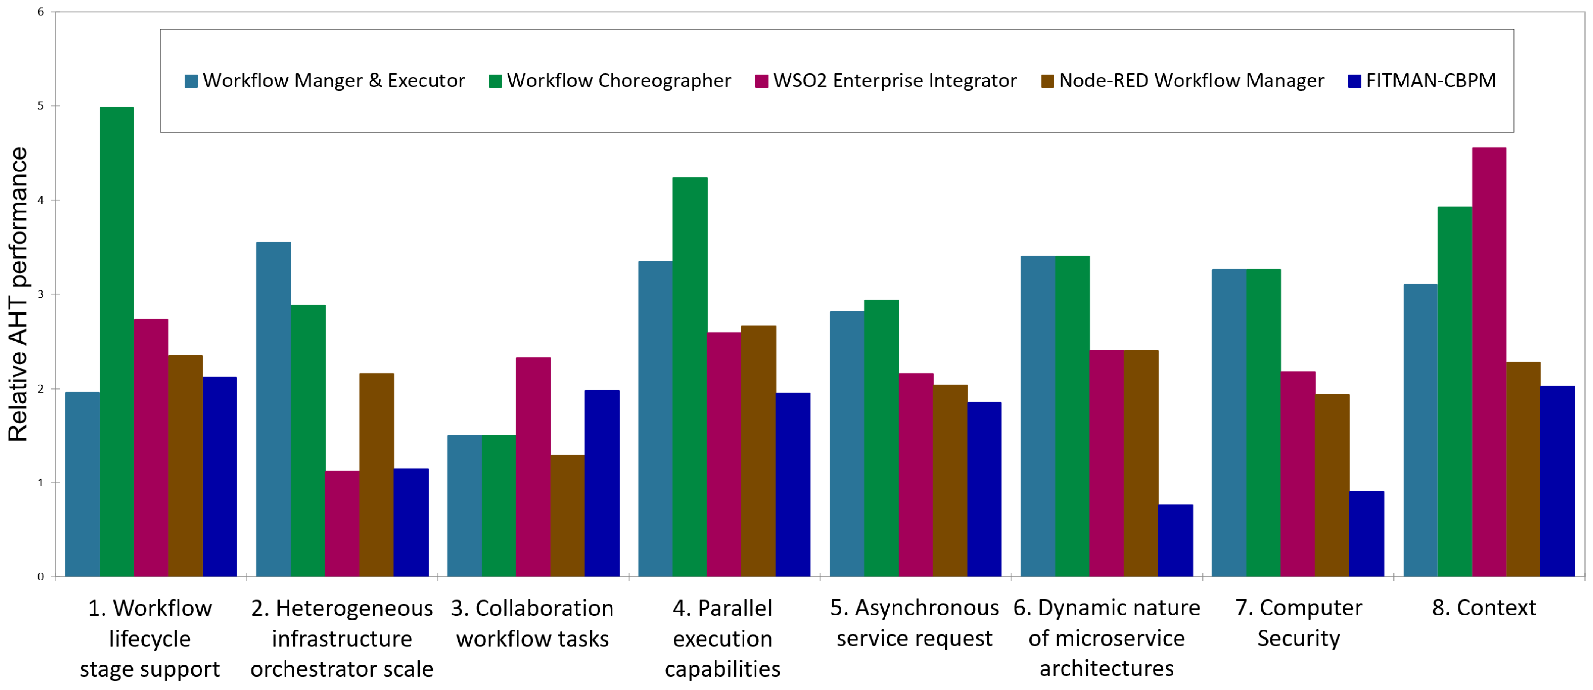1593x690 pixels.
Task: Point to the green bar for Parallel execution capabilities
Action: tap(690, 377)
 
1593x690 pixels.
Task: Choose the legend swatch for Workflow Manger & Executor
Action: tap(191, 81)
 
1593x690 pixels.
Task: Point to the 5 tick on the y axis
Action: tap(41, 106)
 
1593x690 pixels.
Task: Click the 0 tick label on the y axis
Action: tap(41, 577)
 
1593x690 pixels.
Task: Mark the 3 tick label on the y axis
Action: tap(41, 294)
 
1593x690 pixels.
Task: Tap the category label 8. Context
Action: tap(1484, 608)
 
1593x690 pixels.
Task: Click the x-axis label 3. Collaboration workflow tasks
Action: tap(533, 623)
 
